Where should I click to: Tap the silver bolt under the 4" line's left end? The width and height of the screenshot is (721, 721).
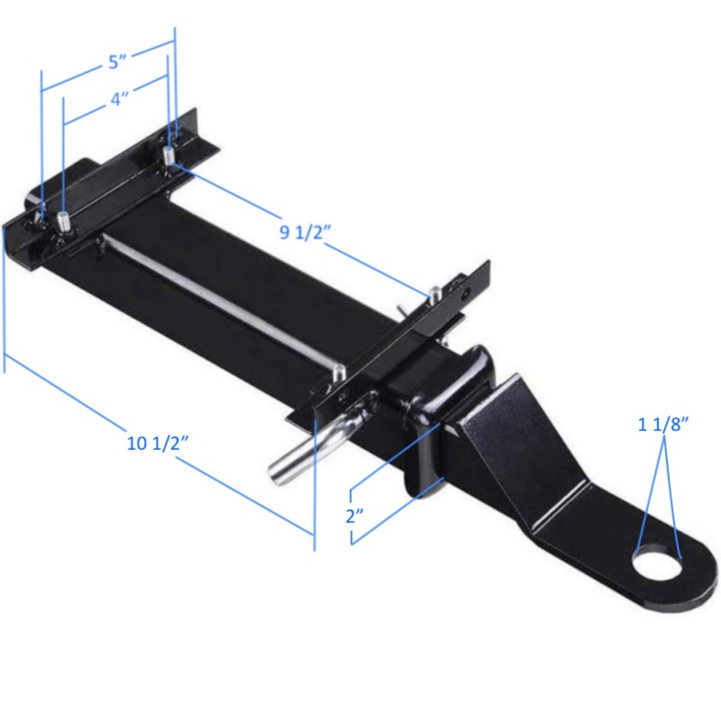(x=65, y=220)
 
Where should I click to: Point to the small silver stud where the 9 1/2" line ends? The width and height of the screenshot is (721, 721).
(x=434, y=292)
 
